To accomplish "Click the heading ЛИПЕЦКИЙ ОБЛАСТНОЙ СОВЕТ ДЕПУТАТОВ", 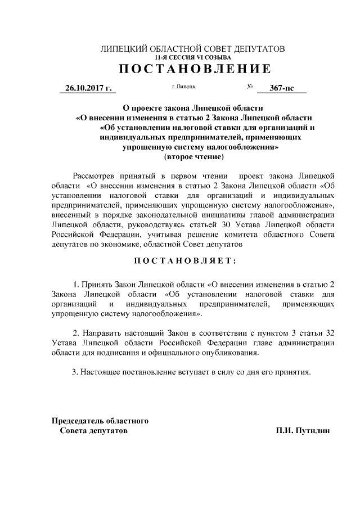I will click(192, 49).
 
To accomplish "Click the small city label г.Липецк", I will click(183, 87).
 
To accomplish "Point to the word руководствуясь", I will click(158, 223).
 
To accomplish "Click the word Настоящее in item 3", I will click(98, 372).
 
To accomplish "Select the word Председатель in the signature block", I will click(79, 420).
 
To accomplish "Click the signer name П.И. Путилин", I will click(303, 430).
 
